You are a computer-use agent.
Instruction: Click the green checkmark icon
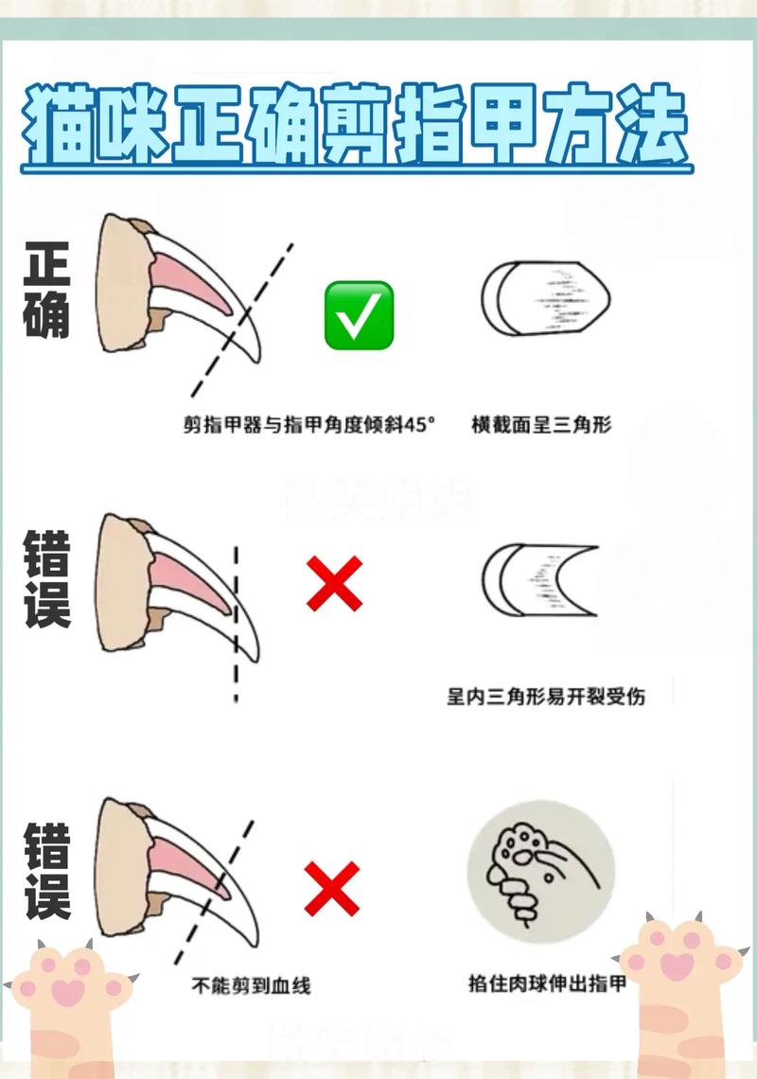point(359,315)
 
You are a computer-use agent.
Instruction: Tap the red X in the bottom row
point(332,889)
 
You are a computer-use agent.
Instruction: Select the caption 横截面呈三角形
point(541,425)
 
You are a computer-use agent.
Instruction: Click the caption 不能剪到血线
point(251,985)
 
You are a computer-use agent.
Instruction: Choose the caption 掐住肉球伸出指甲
point(547,983)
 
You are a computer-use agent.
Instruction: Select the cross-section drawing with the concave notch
point(539,580)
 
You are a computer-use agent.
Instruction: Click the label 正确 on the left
point(47,292)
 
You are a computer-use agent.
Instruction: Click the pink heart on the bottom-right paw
point(676,966)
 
